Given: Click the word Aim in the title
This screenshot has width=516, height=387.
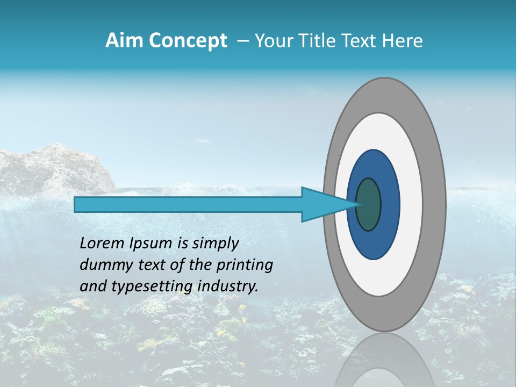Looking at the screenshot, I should pos(125,41).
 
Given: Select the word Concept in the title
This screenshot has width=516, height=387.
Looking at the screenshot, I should pos(188,41).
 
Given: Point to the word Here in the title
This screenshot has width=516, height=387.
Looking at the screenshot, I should pos(403,41).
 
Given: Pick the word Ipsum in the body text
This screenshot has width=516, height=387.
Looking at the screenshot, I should pos(151,243).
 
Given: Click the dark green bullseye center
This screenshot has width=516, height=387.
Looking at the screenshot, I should pos(369,204).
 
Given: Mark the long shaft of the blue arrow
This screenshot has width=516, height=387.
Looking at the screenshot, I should pos(188,204).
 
